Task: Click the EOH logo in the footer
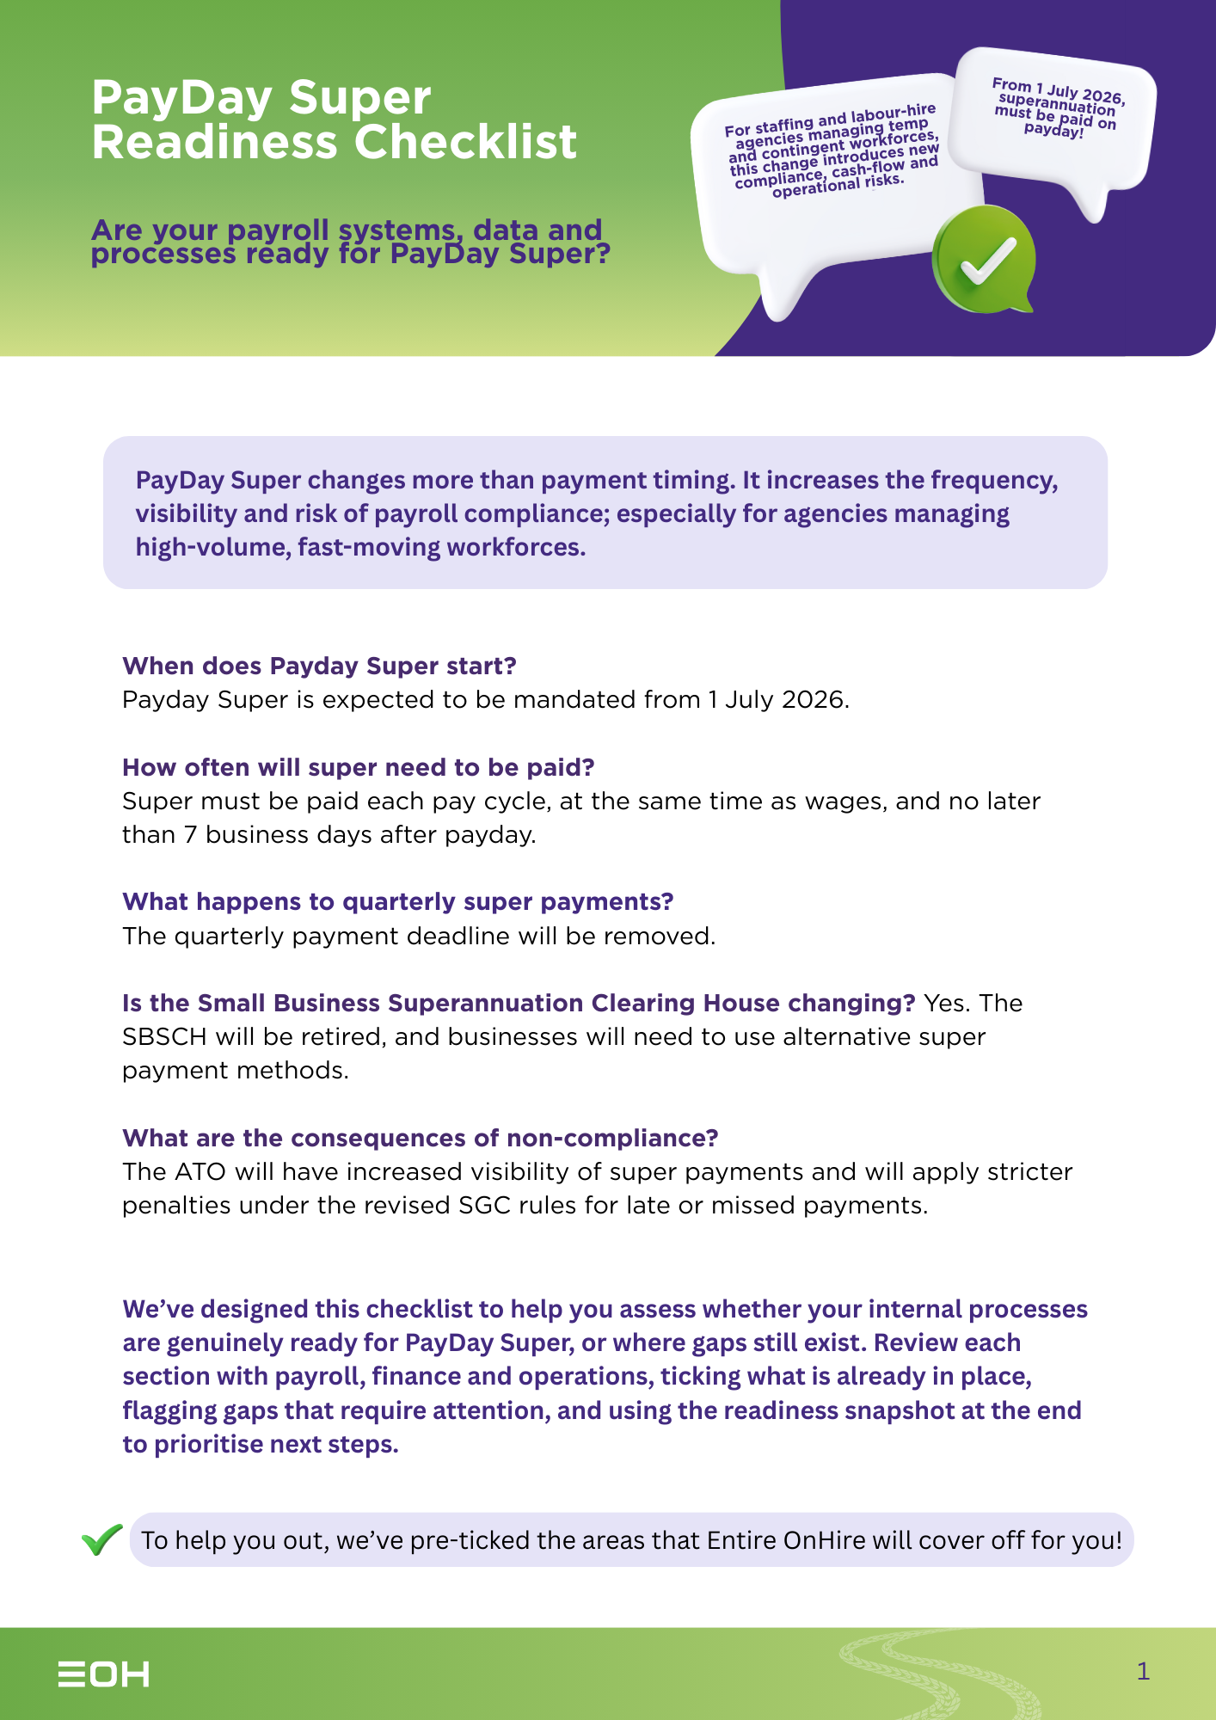point(103,1674)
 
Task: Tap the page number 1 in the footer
point(1143,1671)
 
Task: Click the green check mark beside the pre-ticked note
point(102,1539)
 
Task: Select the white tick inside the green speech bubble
point(988,261)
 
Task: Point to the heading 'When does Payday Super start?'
point(319,666)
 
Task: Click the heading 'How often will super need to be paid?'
point(358,767)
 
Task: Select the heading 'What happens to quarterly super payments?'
point(397,901)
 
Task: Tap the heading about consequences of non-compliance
point(420,1138)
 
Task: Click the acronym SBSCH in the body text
point(164,1037)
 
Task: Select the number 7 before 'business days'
point(190,835)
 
